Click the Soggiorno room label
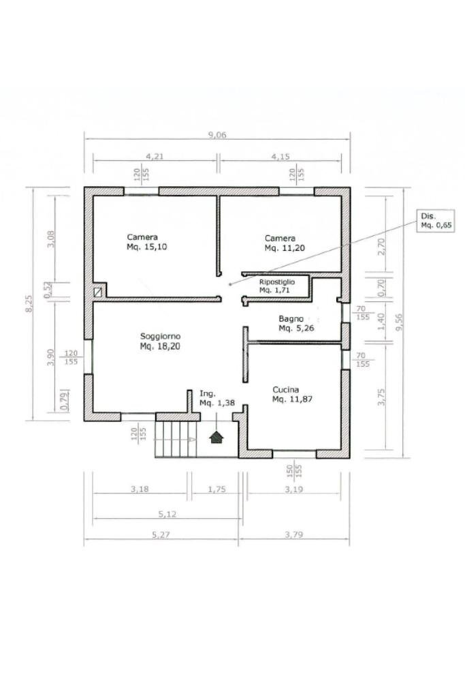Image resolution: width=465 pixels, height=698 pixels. (160, 341)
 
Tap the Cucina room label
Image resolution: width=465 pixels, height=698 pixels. (292, 395)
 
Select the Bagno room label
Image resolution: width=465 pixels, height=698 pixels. (296, 324)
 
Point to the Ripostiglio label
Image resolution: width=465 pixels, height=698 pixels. (277, 286)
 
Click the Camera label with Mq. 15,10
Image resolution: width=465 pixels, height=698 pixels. (146, 242)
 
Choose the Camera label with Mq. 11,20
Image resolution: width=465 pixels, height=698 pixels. (285, 243)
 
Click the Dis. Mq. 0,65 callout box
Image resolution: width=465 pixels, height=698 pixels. (436, 221)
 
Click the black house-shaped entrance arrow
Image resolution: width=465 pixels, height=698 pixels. (217, 437)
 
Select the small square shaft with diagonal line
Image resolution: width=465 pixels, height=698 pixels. (98, 292)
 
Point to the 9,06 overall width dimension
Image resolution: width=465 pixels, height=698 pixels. (217, 134)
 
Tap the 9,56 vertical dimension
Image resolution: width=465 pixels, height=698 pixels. (399, 322)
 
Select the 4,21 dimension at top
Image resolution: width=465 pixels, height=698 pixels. (155, 156)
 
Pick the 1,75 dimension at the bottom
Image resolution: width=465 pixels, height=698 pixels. (217, 489)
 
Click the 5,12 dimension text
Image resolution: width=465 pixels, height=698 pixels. (167, 514)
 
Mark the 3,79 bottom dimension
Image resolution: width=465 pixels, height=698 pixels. (294, 534)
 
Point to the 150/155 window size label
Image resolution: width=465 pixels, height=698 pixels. (294, 471)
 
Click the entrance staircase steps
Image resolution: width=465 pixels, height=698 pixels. (176, 440)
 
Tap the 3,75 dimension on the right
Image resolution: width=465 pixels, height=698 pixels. (381, 397)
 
